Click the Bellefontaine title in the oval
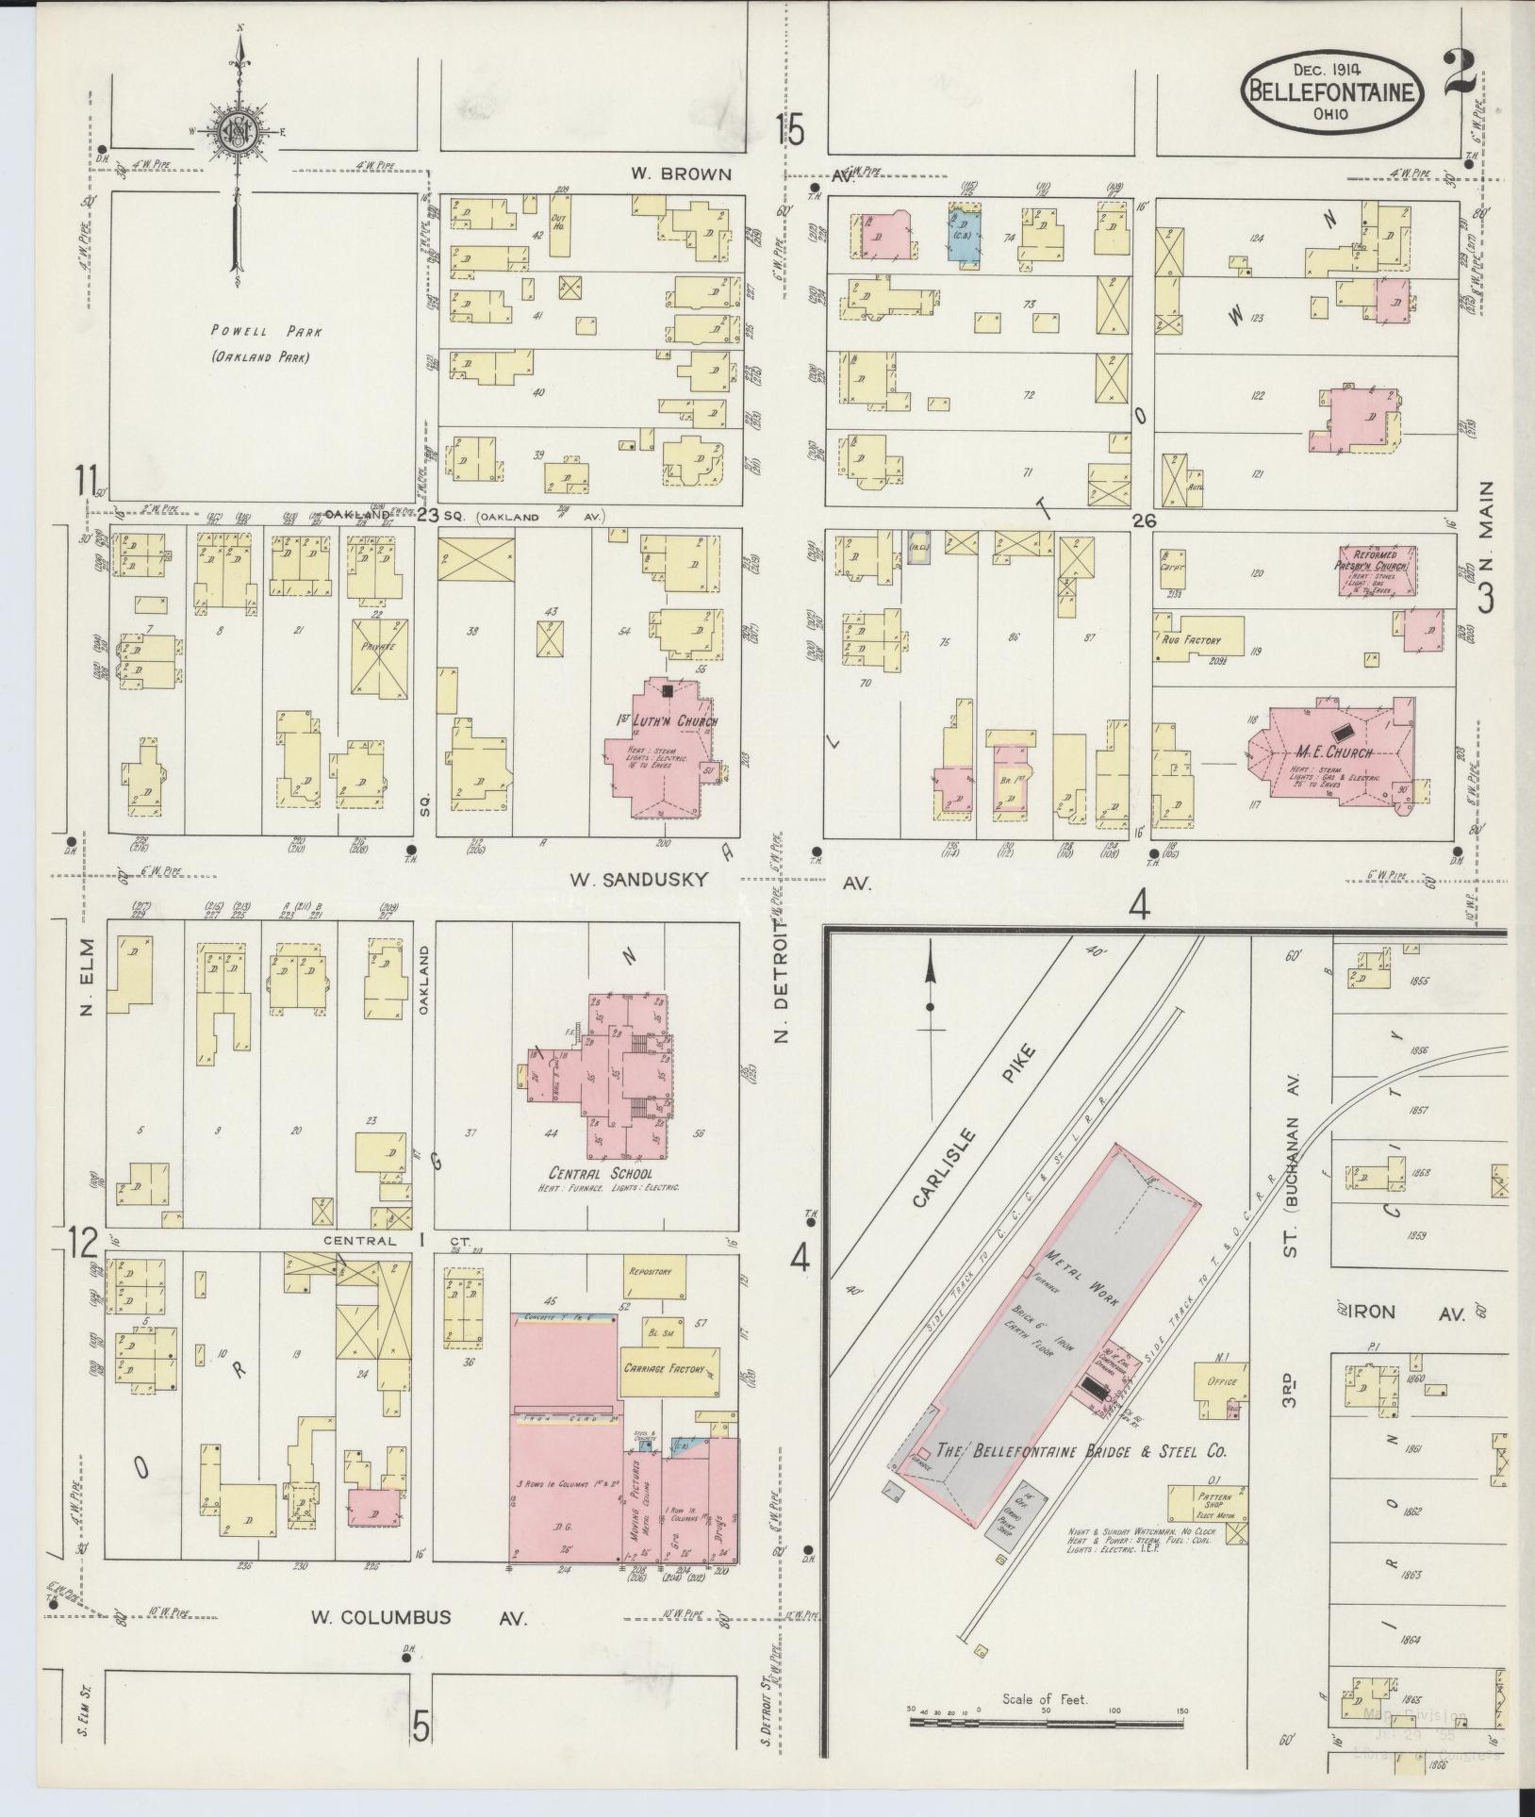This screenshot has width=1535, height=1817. (1332, 91)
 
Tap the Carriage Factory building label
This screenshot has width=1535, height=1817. (670, 1366)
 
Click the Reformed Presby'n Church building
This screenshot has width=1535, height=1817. (1376, 570)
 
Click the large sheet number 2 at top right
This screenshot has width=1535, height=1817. (1462, 76)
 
